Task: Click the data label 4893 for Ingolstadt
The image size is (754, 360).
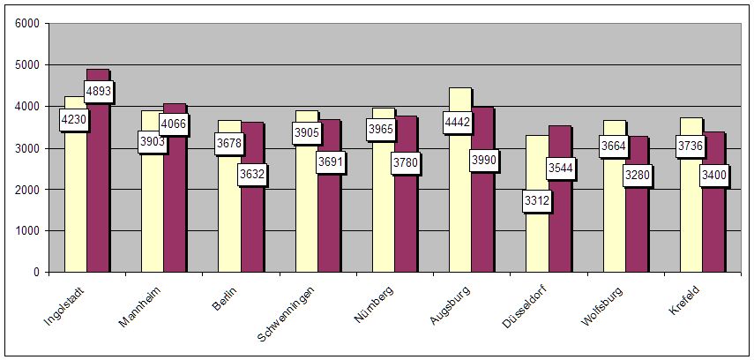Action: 99,91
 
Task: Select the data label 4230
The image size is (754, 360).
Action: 74,120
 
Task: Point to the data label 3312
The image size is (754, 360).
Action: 536,202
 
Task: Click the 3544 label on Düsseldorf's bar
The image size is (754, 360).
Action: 559,169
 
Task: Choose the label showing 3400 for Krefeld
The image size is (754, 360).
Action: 714,175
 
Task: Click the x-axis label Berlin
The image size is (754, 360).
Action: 224,298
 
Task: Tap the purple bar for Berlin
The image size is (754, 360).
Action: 251,229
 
